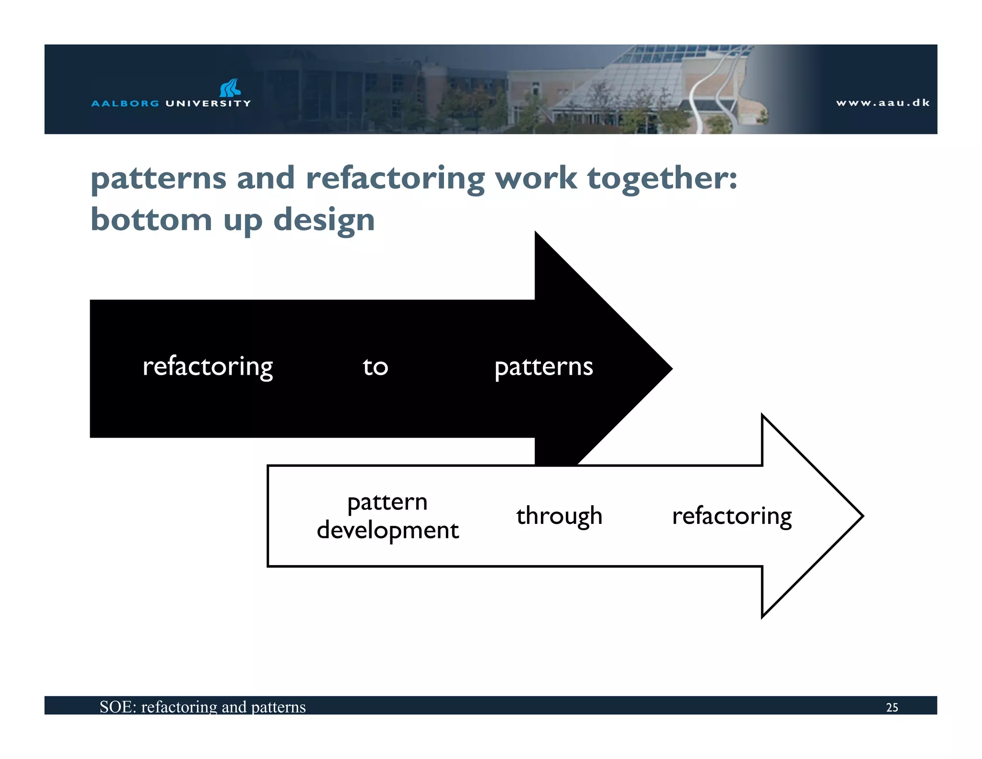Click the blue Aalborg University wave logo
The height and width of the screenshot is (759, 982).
pyautogui.click(x=230, y=88)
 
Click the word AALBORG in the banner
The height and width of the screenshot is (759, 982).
pyautogui.click(x=125, y=103)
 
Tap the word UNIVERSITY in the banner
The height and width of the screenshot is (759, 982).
pyautogui.click(x=208, y=103)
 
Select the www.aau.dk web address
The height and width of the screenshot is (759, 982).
pyautogui.click(x=882, y=103)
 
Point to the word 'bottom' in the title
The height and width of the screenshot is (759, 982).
pyautogui.click(x=151, y=220)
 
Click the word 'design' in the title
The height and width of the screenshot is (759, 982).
pyautogui.click(x=324, y=221)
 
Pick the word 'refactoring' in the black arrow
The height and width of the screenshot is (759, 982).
pyautogui.click(x=208, y=367)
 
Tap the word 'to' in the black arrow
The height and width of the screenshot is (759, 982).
pyautogui.click(x=375, y=367)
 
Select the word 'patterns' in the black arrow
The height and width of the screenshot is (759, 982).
pyautogui.click(x=544, y=367)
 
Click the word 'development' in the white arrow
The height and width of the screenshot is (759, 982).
pyautogui.click(x=387, y=531)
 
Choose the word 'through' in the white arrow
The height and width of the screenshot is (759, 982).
pyautogui.click(x=559, y=516)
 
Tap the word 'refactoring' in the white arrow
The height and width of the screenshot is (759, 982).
pyautogui.click(x=732, y=516)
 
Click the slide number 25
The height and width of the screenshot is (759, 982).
pyautogui.click(x=892, y=707)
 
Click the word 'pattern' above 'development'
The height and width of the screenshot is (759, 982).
pyautogui.click(x=387, y=502)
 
